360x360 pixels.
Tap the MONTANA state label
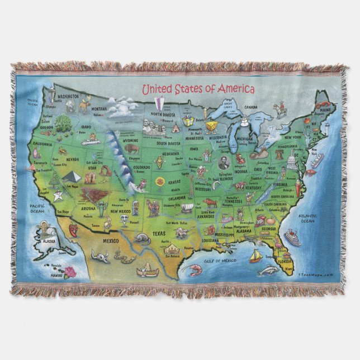[x=99, y=109]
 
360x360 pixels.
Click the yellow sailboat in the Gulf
[x=255, y=257]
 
